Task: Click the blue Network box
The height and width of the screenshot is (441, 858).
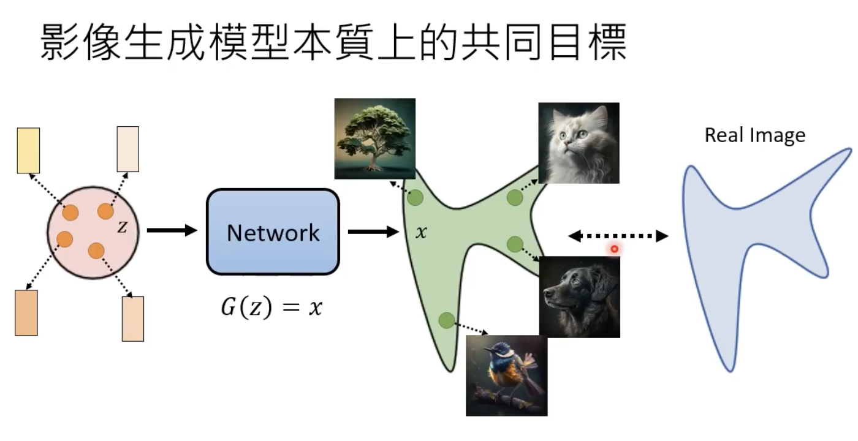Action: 273,232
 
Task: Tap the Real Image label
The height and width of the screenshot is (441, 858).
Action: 754,135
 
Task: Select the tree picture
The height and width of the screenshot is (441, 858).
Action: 374,138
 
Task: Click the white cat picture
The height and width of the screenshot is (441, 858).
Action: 579,143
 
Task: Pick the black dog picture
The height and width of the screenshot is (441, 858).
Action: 580,296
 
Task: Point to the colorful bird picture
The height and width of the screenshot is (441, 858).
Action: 506,375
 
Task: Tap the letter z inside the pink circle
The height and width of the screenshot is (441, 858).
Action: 122,227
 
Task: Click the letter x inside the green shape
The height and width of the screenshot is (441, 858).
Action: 421,233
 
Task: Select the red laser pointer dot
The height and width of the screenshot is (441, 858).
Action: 613,249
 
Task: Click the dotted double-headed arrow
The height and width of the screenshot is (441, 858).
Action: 618,236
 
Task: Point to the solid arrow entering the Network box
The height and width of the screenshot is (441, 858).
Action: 172,230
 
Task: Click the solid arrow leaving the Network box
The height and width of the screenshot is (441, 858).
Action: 373,232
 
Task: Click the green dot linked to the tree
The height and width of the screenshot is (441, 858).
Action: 416,198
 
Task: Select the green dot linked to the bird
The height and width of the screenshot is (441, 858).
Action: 446,320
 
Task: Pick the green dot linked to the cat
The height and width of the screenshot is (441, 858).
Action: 515,198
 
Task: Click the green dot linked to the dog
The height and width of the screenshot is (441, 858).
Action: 515,244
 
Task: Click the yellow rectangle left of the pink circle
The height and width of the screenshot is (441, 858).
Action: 28,150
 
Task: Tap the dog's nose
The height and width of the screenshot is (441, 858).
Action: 548,293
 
